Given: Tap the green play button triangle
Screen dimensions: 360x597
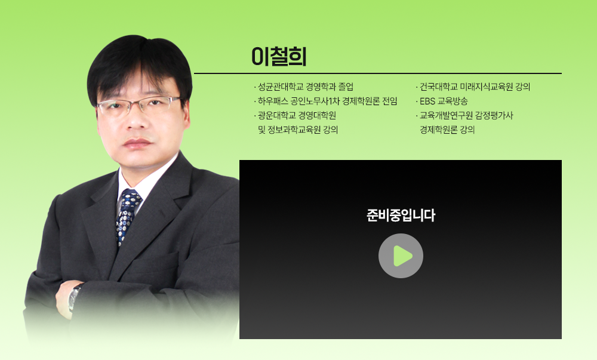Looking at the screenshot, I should point(402,256).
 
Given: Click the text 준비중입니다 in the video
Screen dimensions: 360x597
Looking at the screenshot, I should point(401,216).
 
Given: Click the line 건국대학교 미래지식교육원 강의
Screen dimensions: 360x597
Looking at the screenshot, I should point(475,87).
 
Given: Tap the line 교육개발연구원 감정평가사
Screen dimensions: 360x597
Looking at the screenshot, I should point(466,115).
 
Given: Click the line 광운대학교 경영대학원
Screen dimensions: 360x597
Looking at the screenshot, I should point(297,115).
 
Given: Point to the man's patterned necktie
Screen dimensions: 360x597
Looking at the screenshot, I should point(128,215).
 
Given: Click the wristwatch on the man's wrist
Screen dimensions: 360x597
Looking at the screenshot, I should point(75,296).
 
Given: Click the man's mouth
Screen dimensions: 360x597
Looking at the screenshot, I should point(138,144).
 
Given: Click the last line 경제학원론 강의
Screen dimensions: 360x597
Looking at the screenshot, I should point(447,130).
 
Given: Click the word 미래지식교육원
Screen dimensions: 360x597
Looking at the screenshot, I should point(482,87).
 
